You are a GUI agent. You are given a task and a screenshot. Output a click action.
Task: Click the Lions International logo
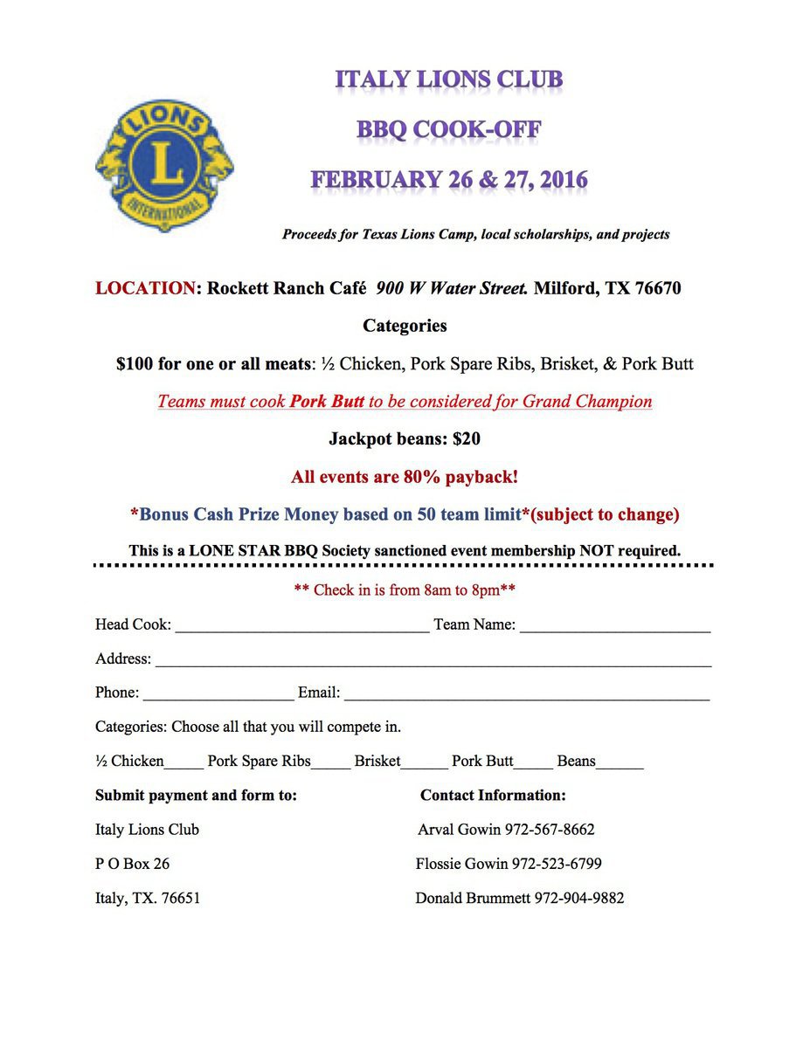click(x=164, y=165)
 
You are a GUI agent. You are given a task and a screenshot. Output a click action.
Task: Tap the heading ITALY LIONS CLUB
click(x=449, y=80)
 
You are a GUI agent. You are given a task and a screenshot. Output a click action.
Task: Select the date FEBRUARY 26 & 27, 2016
click(x=449, y=180)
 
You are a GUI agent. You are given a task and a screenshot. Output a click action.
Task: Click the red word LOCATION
click(x=145, y=288)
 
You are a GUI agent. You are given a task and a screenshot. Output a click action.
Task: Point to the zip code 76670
click(x=654, y=288)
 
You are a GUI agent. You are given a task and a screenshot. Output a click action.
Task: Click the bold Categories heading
click(x=405, y=326)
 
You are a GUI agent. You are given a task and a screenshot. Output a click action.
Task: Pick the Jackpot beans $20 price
click(x=467, y=439)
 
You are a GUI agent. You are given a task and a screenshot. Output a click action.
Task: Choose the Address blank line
click(x=433, y=662)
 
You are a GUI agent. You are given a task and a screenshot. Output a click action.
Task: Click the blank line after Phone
click(x=218, y=696)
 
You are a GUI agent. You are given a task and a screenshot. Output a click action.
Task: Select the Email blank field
click(x=527, y=696)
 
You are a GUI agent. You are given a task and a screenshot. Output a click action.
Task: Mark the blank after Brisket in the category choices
click(x=424, y=764)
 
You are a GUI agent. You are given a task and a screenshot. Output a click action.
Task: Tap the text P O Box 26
click(x=133, y=864)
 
